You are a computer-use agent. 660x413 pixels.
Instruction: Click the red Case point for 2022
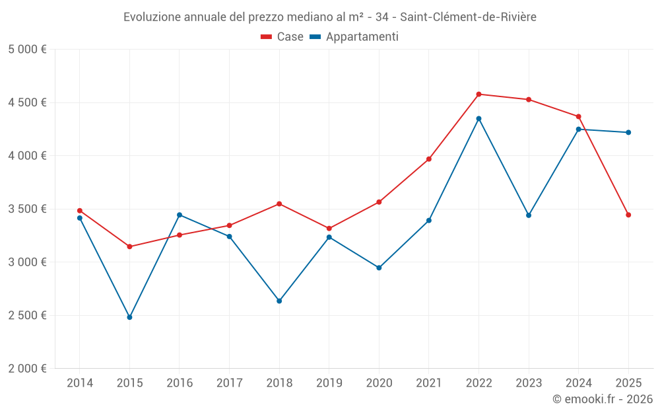(478, 94)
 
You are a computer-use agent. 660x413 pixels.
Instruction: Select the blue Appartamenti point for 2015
(129, 317)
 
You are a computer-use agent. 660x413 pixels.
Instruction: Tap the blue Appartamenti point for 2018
(279, 301)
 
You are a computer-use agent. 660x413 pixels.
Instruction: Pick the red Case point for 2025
(628, 215)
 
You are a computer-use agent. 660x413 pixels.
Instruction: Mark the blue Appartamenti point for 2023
(529, 215)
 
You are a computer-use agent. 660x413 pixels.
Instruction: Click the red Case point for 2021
(429, 159)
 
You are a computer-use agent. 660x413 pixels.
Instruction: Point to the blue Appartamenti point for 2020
(379, 268)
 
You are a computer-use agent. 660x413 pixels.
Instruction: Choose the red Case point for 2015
(129, 246)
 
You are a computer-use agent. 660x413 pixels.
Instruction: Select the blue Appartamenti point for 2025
(628, 132)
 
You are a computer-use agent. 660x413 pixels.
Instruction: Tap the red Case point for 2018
(279, 204)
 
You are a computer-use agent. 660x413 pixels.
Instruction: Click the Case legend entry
(282, 37)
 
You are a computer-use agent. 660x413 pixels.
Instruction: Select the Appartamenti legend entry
(354, 37)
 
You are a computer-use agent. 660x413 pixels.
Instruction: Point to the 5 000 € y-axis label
(27, 50)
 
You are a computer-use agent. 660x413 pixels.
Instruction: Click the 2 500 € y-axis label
(27, 315)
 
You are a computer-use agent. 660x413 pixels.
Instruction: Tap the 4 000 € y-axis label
(27, 156)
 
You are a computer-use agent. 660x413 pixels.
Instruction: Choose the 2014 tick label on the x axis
(80, 383)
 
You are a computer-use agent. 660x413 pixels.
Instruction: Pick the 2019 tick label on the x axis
(329, 383)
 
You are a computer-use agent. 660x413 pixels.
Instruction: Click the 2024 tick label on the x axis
(578, 383)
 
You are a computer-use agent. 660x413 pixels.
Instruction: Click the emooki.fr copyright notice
(602, 399)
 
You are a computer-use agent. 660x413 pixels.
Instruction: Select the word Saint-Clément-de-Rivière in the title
(468, 17)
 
